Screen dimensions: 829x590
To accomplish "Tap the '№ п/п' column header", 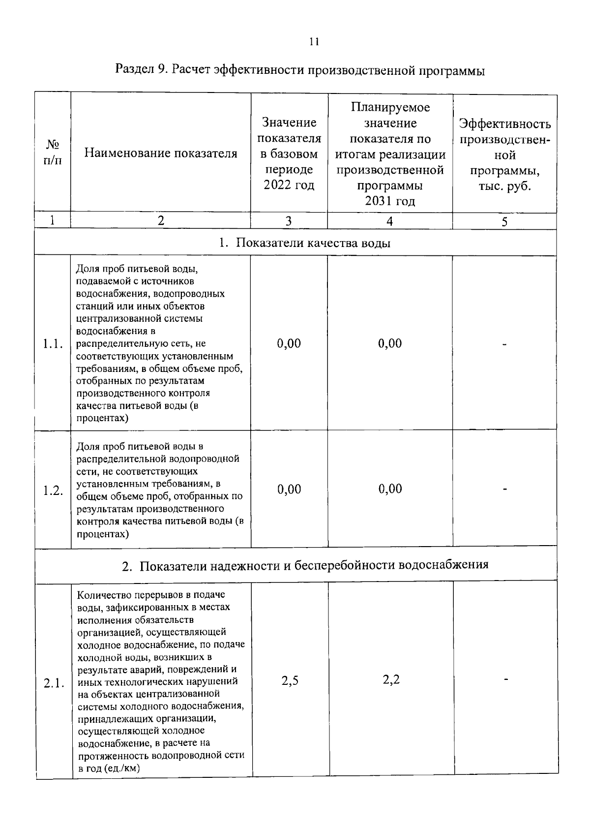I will pos(53,153).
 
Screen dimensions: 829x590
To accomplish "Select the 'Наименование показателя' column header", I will pos(161,153).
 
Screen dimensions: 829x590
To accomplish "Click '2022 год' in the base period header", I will pos(289,185).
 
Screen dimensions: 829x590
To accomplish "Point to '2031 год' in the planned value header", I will pos(390,201).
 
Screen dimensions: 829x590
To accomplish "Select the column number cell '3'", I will pos(289,221).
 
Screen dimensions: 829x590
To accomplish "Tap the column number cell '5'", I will pos(504,221).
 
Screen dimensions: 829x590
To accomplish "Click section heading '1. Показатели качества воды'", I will pos(305,243).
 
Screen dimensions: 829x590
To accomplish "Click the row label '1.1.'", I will pos(53,344).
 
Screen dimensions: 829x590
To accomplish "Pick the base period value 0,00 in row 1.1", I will pos(289,343).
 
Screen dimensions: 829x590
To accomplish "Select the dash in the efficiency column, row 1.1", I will pos(504,344).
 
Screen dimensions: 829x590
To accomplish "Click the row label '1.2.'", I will pos(53,491).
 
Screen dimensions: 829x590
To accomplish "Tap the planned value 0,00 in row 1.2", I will pos(390,489).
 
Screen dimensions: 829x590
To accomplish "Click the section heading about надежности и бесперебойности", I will pos(305,565).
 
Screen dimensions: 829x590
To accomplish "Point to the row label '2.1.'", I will pos(54,683).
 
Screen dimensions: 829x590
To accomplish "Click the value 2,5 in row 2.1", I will pos(290,681).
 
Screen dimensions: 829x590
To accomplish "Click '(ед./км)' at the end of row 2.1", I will pos(122,768).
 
